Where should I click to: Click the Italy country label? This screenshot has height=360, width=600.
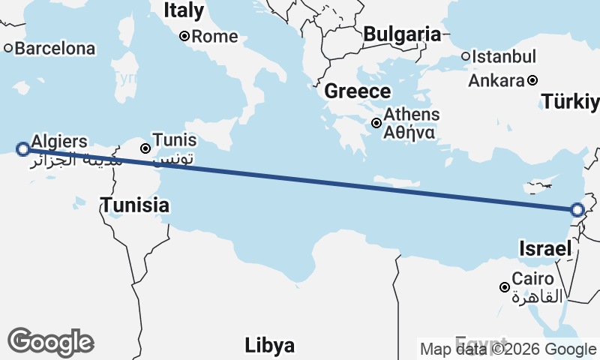184,10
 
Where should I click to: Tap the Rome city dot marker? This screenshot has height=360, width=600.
184,36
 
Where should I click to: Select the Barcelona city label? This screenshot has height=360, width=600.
55,49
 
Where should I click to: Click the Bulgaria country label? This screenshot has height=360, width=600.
401,34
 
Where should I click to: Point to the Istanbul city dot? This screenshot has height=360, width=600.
466,56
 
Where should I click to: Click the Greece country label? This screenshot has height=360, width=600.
358,91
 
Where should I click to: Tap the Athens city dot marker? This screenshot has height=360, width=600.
376,123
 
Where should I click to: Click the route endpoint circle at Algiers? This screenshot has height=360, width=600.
23,149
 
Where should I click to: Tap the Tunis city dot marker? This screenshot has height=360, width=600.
145,148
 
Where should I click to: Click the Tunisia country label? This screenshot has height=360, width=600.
135,204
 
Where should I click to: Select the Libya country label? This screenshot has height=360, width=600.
269,346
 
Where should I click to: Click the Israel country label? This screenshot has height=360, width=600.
546,249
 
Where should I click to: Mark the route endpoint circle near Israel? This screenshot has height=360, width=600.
577,210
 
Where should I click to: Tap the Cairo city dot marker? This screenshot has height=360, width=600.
505,286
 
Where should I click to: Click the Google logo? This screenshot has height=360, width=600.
50,342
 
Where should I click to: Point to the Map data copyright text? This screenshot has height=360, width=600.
508,349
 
